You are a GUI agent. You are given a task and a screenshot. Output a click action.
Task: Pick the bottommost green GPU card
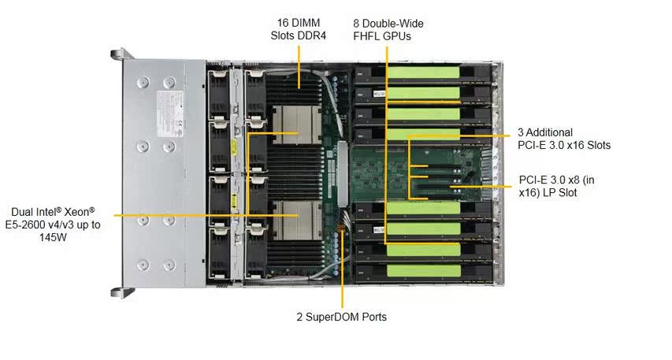tap(424, 270)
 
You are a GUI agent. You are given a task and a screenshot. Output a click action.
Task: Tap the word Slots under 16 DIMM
tap(280, 36)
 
